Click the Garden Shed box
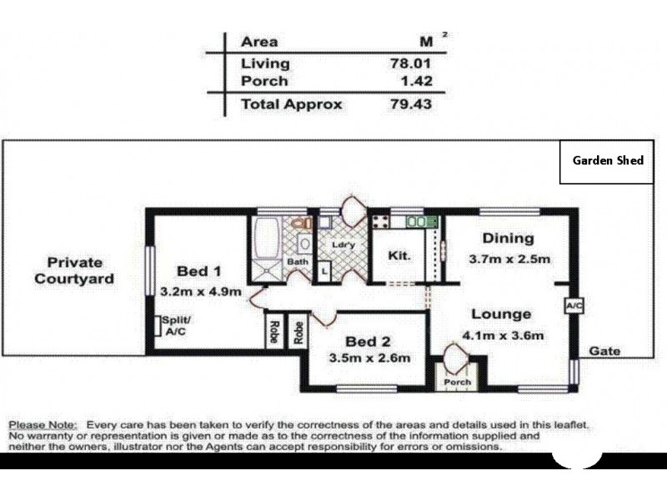click(608, 160)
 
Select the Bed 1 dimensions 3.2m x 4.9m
click(200, 292)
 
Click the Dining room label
click(507, 238)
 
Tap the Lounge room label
click(501, 315)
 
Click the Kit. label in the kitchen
click(399, 256)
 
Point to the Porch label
click(457, 382)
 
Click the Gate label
click(605, 352)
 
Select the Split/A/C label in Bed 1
click(176, 326)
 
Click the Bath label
click(298, 261)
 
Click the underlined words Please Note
click(43, 425)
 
